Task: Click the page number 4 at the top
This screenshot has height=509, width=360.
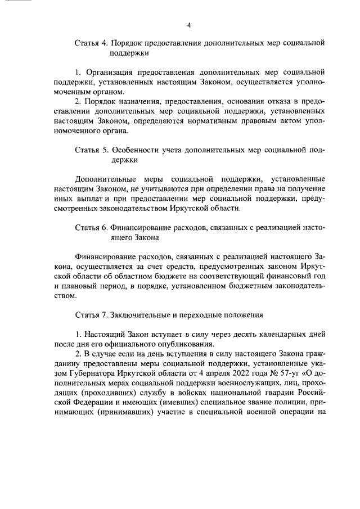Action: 189,25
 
